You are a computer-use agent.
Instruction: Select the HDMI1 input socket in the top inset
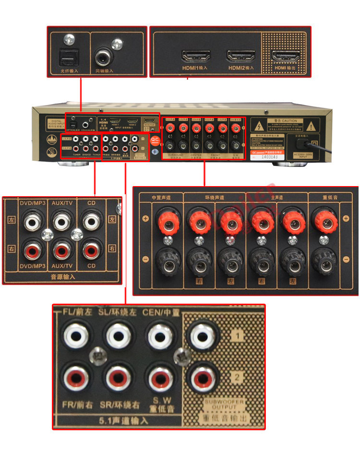(x=196, y=56)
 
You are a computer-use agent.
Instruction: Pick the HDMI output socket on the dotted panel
(x=285, y=56)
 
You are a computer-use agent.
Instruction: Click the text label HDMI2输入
(x=241, y=69)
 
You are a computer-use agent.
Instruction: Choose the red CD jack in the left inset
(x=91, y=250)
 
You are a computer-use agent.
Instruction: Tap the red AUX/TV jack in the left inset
(x=62, y=250)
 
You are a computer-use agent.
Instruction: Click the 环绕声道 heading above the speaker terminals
(x=207, y=197)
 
